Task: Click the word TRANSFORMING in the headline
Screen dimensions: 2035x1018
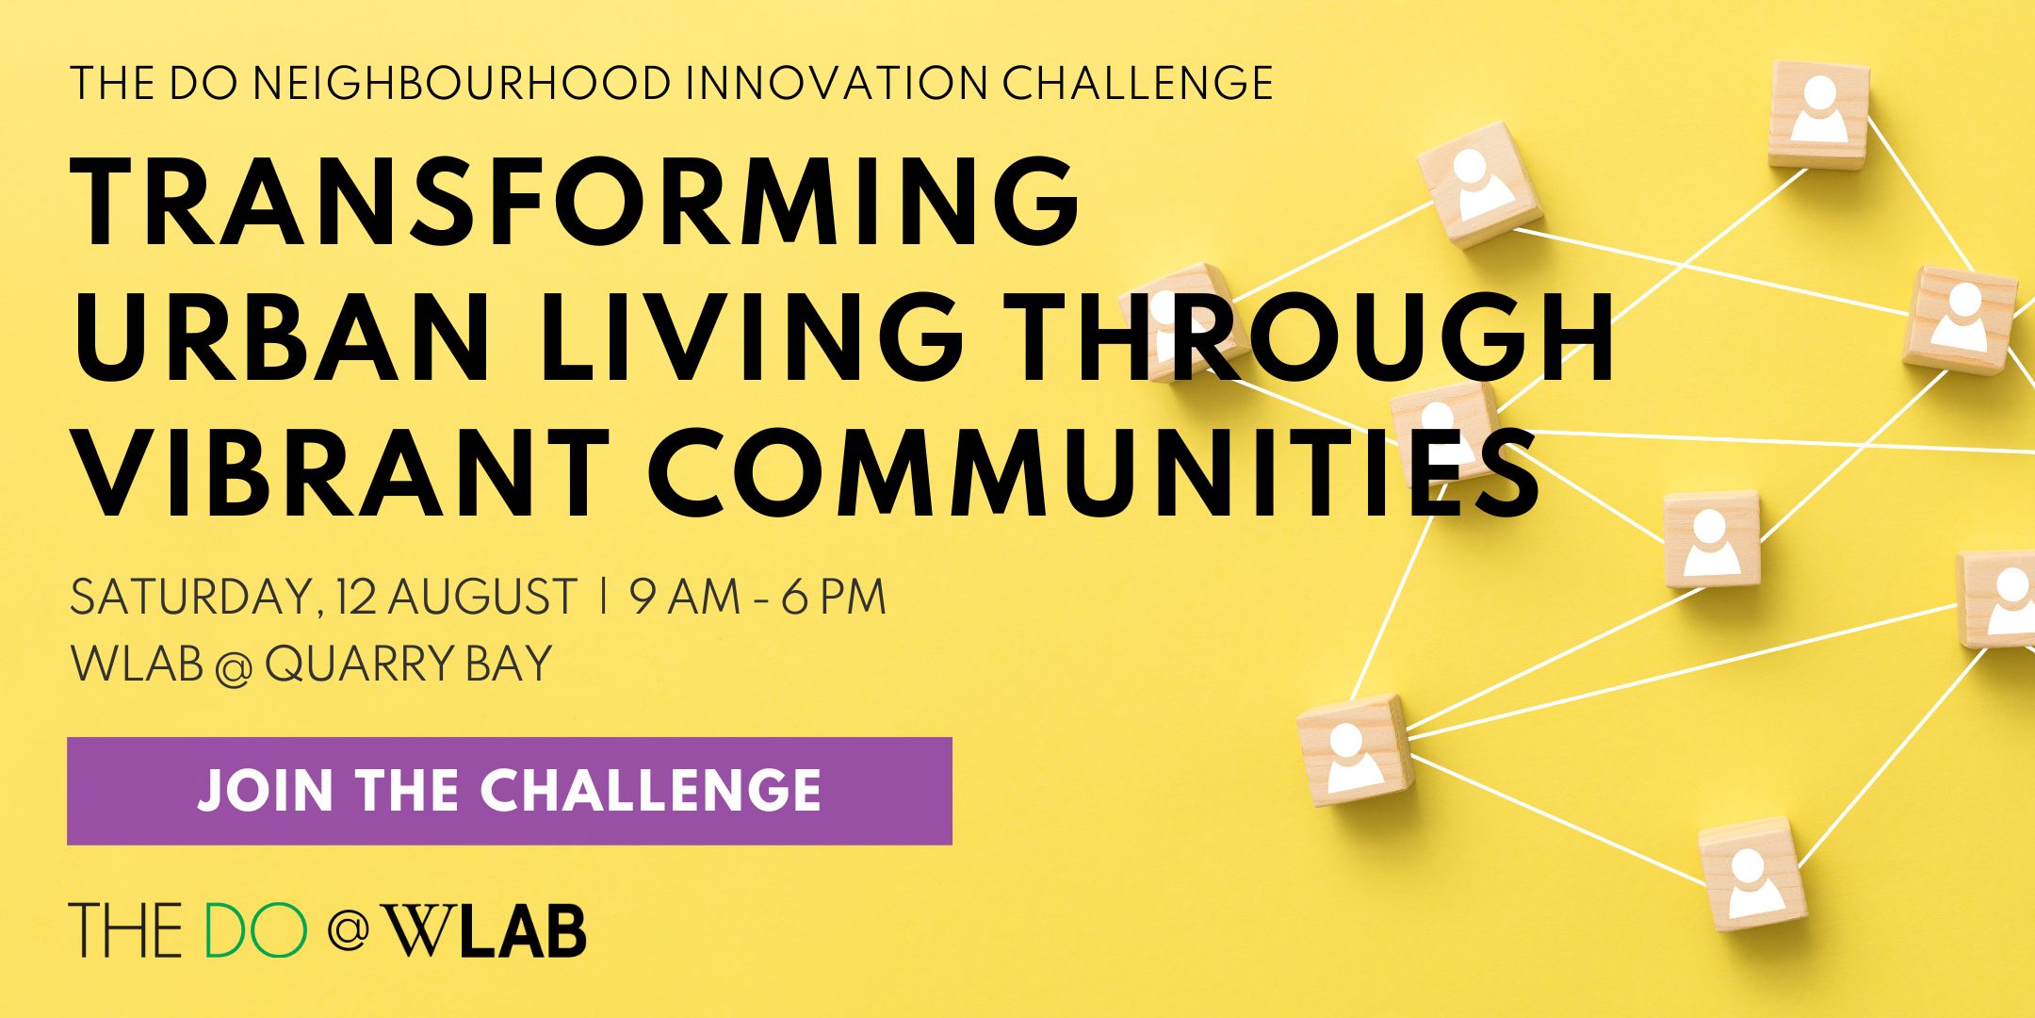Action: point(576,201)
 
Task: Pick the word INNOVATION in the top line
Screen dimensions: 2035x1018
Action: point(838,83)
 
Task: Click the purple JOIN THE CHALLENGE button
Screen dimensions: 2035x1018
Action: point(510,791)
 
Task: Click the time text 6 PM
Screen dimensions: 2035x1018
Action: point(834,598)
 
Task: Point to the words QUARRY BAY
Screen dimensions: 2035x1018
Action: point(408,665)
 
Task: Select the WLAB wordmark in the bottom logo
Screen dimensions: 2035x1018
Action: point(488,930)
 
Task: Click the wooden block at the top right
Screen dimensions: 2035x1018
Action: point(1818,115)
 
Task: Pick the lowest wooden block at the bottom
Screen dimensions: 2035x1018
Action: point(1753,874)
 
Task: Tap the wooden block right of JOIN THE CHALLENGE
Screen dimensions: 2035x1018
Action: point(1355,749)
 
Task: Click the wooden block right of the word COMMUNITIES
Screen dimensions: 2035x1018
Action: point(1712,539)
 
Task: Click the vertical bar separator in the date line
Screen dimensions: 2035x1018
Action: point(602,598)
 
